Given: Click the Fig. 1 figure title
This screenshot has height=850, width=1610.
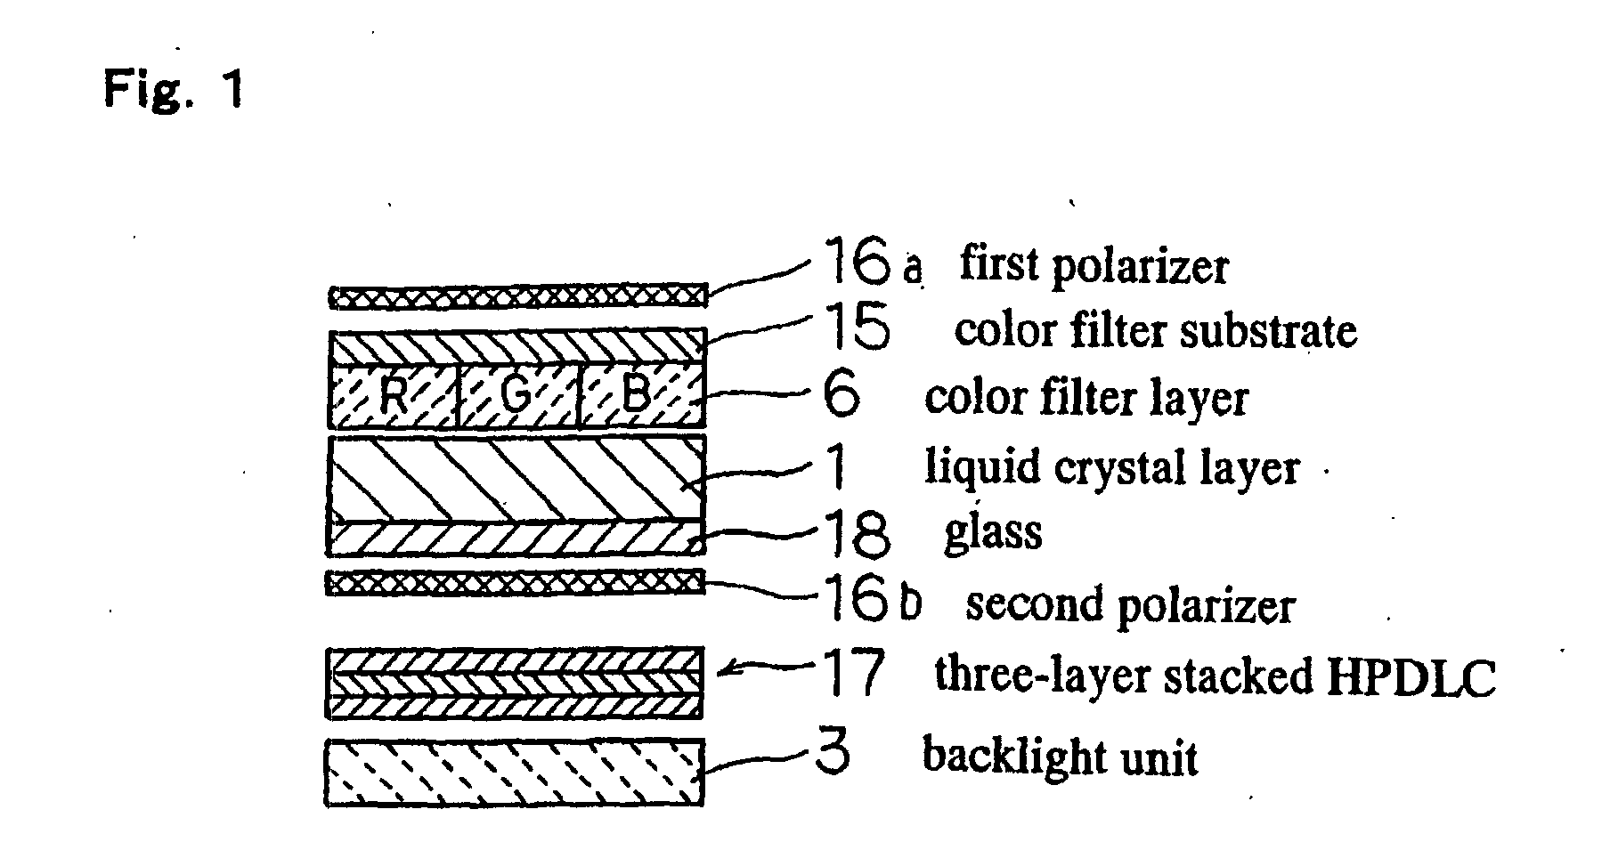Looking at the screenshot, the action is click(173, 90).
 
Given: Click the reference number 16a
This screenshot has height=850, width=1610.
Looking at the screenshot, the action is click(871, 262).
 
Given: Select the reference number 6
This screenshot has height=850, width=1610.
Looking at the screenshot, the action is click(842, 396).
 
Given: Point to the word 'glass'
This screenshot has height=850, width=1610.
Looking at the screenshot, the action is click(992, 532).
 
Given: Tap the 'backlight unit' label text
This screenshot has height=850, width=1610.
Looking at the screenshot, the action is click(1060, 757).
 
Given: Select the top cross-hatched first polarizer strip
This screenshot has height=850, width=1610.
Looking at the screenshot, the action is click(518, 296).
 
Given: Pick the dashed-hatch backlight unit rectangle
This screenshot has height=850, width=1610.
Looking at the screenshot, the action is click(515, 772).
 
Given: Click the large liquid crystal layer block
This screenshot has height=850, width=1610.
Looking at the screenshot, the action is click(516, 477).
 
